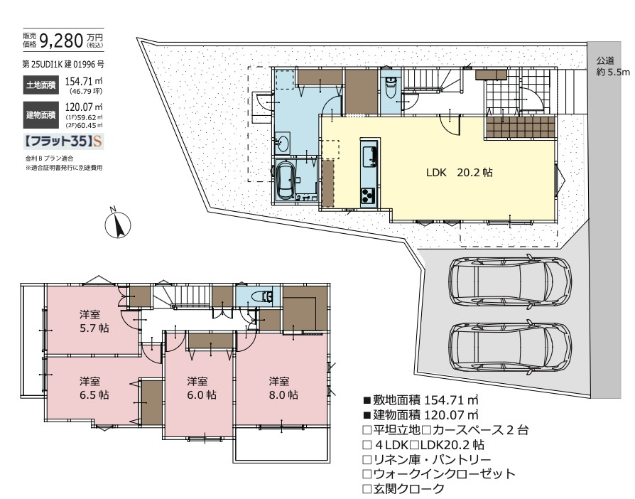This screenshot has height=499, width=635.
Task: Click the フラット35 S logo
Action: tap(64, 141)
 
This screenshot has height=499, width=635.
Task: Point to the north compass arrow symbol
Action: tap(118, 225)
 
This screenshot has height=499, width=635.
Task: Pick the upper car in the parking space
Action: tap(510, 279)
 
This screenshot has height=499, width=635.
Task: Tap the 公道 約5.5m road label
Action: tap(612, 66)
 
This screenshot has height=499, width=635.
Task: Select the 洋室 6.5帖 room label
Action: tap(94, 387)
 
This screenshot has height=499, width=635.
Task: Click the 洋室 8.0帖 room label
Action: tap(283, 387)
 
